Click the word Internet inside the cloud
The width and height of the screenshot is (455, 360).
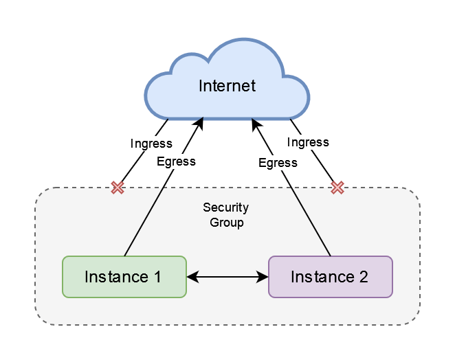pos(227,86)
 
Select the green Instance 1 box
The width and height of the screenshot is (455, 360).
pos(124,277)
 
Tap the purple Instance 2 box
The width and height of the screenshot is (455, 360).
pos(330,277)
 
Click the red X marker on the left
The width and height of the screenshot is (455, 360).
pos(118,188)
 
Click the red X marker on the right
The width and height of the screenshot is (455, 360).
pos(337,188)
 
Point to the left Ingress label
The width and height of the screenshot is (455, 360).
pos(151,144)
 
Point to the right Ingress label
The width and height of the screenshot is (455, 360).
pos(307,142)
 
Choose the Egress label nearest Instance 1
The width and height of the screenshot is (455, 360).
pos(176,161)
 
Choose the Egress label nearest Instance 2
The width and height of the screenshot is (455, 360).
pos(278,163)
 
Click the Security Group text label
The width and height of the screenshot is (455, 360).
pos(226,215)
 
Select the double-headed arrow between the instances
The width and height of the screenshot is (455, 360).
pos(227,277)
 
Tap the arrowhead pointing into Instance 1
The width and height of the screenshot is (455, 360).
pos(192,277)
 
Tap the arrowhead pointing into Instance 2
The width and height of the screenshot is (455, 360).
pos(262,277)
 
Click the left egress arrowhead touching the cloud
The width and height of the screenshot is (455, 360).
pos(201,124)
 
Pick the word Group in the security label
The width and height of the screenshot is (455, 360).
pos(226,223)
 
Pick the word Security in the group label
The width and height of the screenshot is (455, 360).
pos(226,207)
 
